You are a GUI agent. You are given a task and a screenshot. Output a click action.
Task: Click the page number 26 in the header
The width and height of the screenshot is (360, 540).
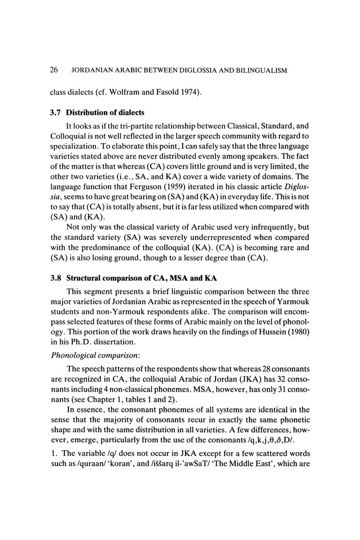[x=55, y=71]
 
